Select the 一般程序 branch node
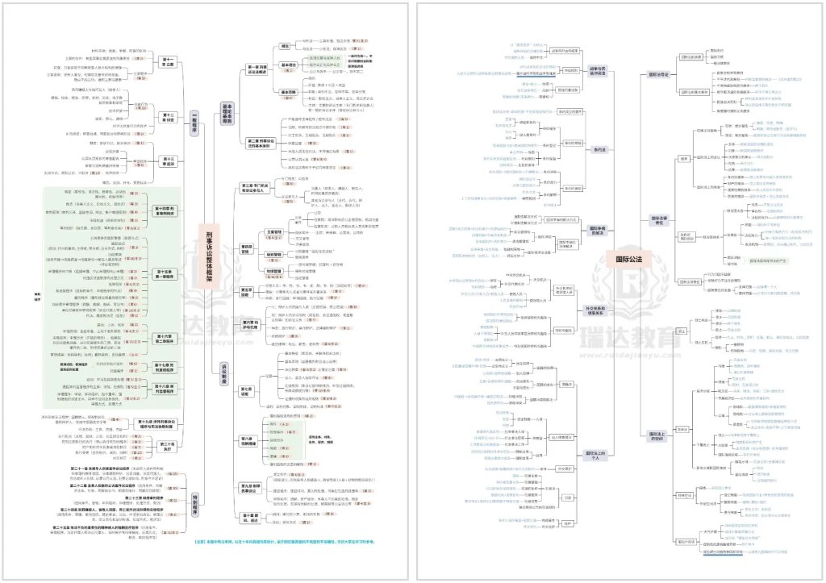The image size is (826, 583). point(194,125)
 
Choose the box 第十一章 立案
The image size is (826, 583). point(168,63)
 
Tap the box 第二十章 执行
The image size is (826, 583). point(168,446)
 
